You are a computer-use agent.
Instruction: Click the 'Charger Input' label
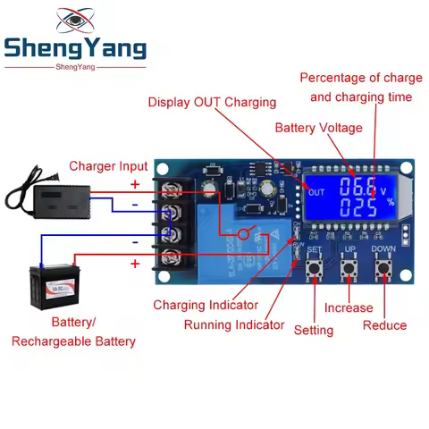tap(108, 166)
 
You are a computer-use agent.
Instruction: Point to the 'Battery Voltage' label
tap(318, 128)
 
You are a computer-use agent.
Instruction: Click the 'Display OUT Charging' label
tap(212, 102)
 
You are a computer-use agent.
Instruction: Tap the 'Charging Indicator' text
tap(206, 305)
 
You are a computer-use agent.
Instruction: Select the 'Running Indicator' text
tap(234, 324)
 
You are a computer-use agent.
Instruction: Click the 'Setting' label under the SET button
tap(313, 330)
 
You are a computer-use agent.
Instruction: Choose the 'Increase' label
tap(349, 308)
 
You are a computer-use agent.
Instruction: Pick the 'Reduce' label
tap(384, 325)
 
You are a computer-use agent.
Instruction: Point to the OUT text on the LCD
tap(315, 192)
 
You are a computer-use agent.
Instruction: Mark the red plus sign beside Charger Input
tap(135, 184)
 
